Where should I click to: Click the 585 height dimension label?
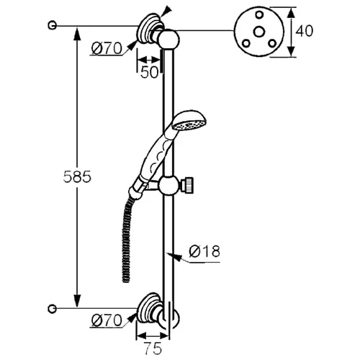[77, 177]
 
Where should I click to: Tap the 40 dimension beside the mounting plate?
[304, 31]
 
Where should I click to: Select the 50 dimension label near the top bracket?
[150, 72]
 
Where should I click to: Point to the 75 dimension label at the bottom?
[153, 348]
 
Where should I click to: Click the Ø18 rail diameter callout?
[204, 251]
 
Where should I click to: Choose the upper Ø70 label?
[107, 49]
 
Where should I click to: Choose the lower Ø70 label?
[107, 320]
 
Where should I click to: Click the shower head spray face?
[189, 125]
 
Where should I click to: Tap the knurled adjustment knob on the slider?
[188, 185]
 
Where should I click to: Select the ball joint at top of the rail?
[169, 40]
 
